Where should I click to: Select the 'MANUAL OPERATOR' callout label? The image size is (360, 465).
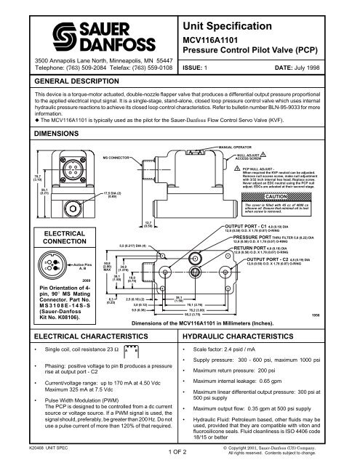(x=244, y=147)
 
